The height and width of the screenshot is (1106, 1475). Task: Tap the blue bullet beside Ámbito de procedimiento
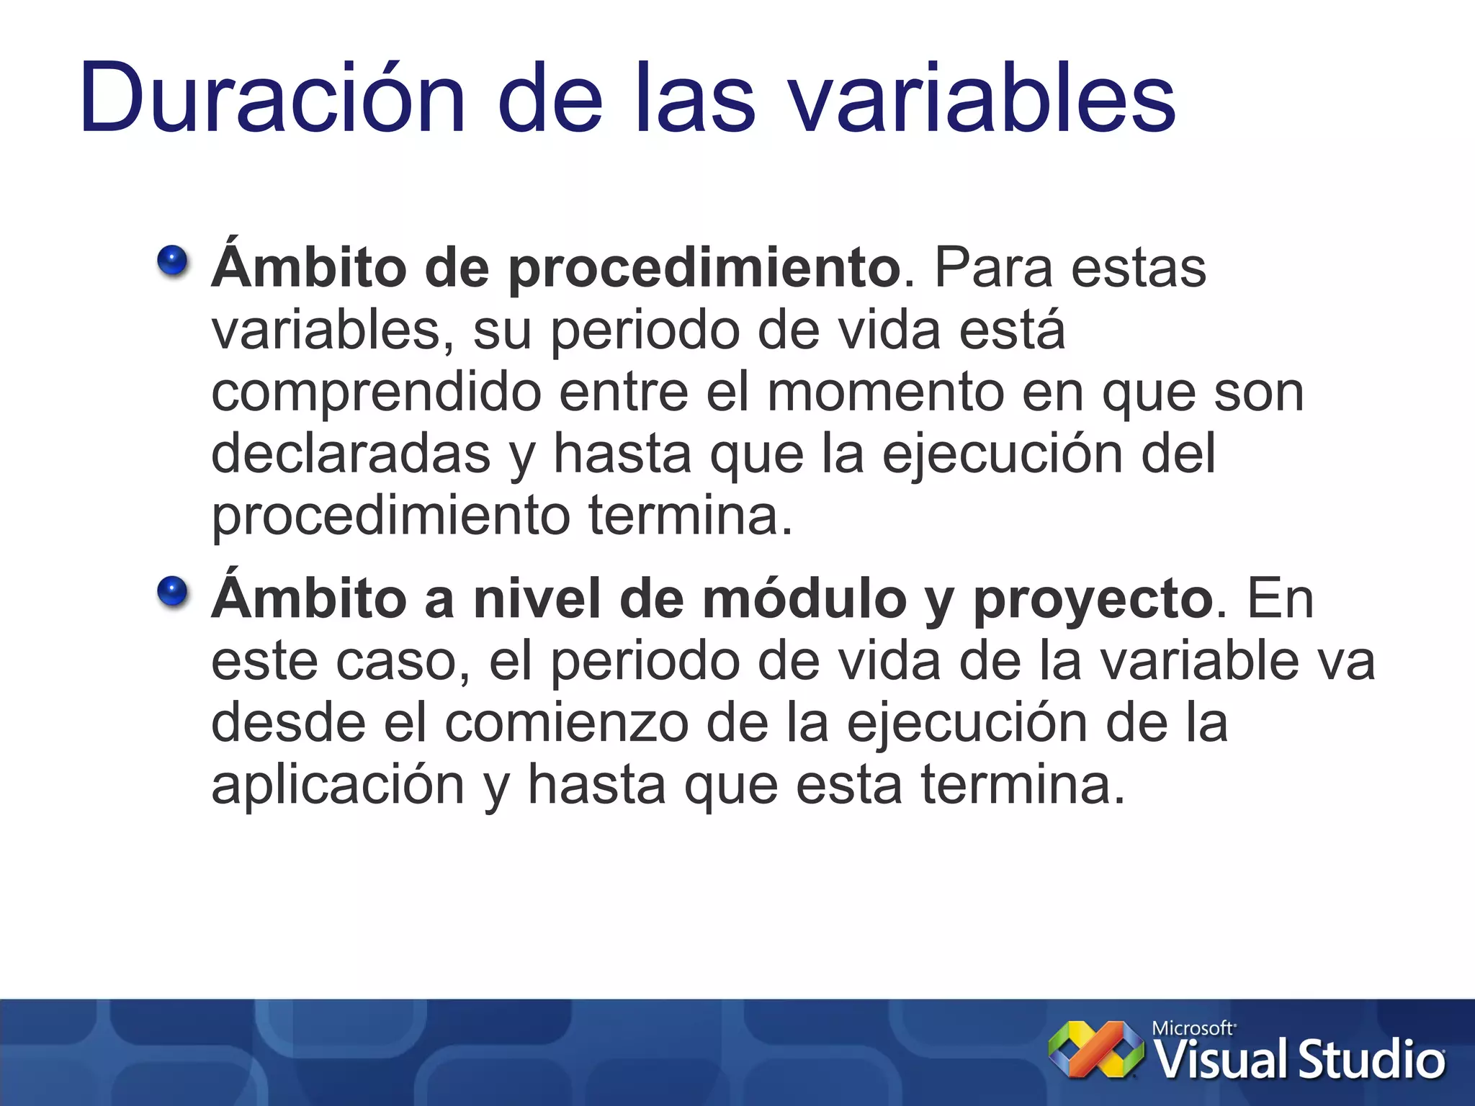tap(173, 261)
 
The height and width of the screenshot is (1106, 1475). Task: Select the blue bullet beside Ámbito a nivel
tap(173, 593)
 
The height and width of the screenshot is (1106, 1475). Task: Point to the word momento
tap(885, 393)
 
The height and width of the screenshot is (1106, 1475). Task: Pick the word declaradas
tap(351, 454)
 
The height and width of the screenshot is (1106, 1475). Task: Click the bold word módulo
tap(804, 599)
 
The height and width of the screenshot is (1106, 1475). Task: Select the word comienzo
tap(566, 723)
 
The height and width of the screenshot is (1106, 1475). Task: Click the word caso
tap(397, 661)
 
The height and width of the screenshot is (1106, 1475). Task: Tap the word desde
tap(288, 723)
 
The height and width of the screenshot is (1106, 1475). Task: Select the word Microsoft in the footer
tap(1193, 1028)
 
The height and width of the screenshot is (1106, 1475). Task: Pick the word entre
tap(624, 393)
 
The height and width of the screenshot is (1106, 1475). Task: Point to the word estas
tap(1138, 268)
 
